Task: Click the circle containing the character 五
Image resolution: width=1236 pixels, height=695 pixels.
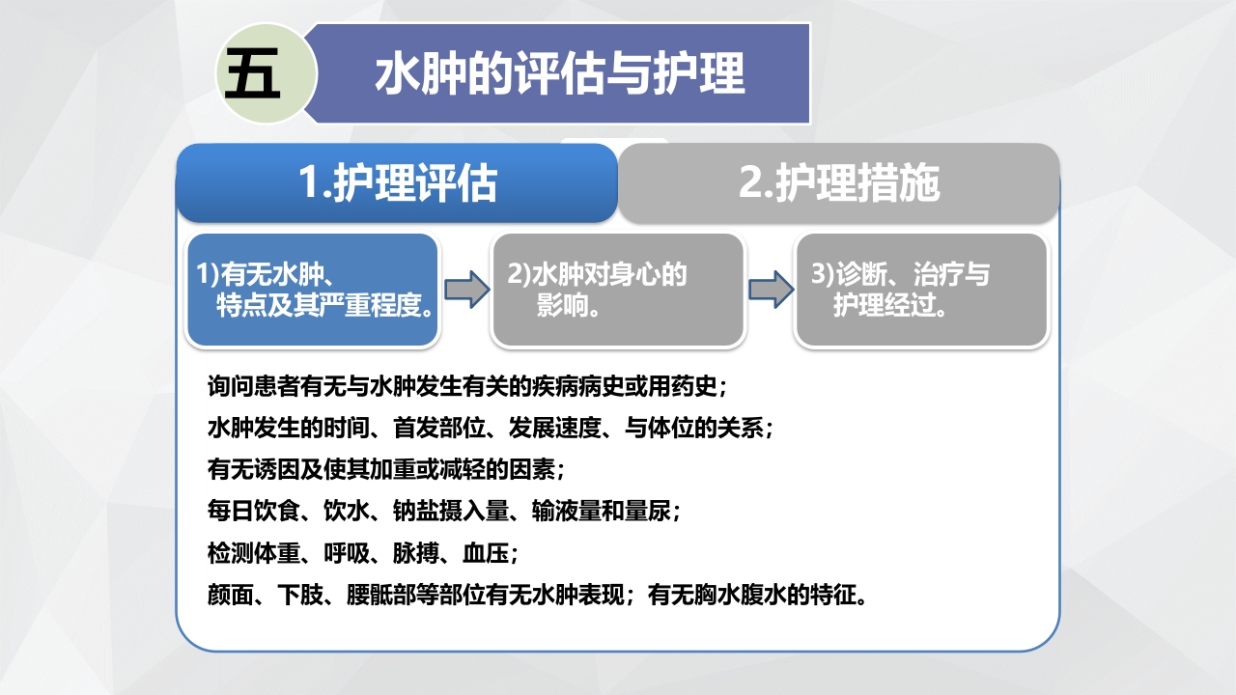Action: pyautogui.click(x=253, y=75)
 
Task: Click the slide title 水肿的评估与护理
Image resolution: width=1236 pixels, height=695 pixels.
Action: pyautogui.click(x=560, y=74)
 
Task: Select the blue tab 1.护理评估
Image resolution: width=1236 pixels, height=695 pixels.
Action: pyautogui.click(x=397, y=183)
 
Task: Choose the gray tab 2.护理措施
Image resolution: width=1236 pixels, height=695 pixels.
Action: pyautogui.click(x=839, y=183)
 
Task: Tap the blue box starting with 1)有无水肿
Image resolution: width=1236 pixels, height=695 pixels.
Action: pyautogui.click(x=313, y=291)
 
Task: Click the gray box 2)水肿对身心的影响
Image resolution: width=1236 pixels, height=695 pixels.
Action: pyautogui.click(x=618, y=291)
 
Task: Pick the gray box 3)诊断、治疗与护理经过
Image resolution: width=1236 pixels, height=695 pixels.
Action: pyautogui.click(x=921, y=291)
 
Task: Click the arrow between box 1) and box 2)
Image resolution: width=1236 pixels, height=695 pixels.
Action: pyautogui.click(x=466, y=291)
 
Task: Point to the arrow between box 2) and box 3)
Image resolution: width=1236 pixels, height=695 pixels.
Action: pyautogui.click(x=770, y=291)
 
